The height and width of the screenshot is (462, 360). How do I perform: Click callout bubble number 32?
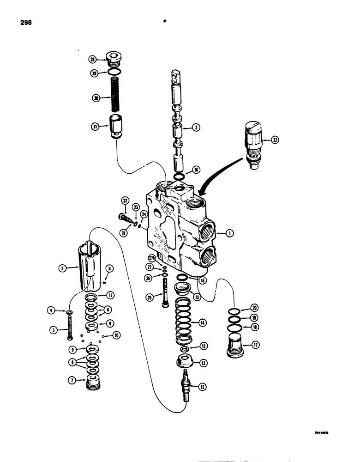pyautogui.click(x=276, y=139)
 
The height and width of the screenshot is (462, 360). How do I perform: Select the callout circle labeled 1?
pyautogui.click(x=229, y=234)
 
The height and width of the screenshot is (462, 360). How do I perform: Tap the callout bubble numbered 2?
pyautogui.click(x=196, y=128)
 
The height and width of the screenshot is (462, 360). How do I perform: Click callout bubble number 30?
pyautogui.click(x=96, y=98)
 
